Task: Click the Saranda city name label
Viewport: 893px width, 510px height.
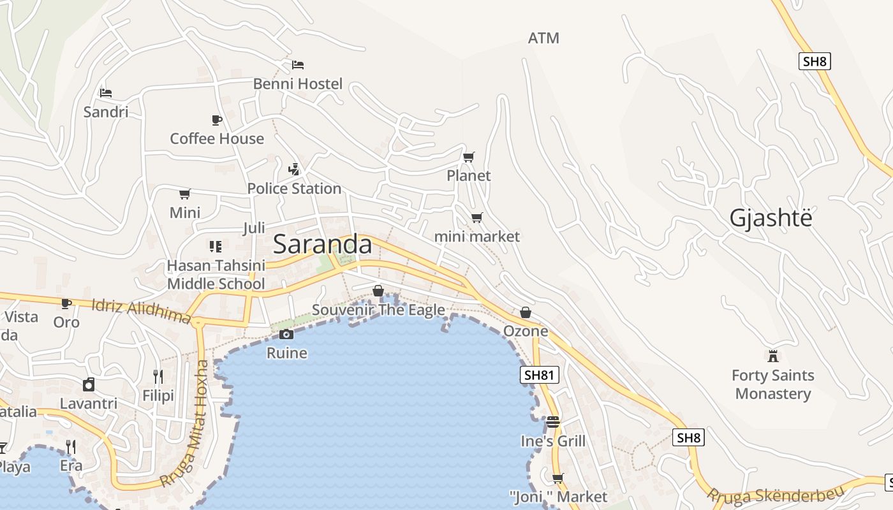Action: click(322, 245)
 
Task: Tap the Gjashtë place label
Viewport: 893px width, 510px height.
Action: click(771, 218)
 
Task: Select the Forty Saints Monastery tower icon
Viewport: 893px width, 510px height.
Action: click(773, 356)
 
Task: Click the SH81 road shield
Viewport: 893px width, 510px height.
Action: click(539, 375)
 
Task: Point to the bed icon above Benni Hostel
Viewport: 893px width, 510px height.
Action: click(298, 64)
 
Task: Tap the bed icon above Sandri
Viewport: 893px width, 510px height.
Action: click(106, 93)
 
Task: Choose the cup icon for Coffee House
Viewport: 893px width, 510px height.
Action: click(217, 120)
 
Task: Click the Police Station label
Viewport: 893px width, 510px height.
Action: click(294, 189)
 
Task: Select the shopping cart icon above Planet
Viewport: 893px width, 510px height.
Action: click(469, 157)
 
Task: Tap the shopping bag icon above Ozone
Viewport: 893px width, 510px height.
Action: click(526, 312)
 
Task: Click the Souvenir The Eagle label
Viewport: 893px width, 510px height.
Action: click(378, 310)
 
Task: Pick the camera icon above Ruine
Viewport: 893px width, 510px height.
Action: click(286, 335)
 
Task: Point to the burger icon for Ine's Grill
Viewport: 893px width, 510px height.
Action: click(553, 422)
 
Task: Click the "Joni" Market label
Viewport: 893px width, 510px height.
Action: click(558, 496)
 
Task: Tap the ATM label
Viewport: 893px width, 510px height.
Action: click(543, 38)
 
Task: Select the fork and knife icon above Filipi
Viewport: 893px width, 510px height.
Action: click(158, 377)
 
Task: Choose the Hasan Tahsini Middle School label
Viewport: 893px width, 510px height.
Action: click(216, 275)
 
